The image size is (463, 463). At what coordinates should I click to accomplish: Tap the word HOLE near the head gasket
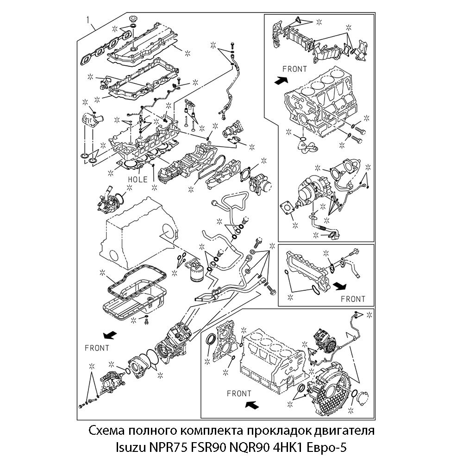[138, 179]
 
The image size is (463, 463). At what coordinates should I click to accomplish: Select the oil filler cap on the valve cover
[132, 21]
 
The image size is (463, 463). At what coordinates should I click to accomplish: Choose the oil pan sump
[134, 292]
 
